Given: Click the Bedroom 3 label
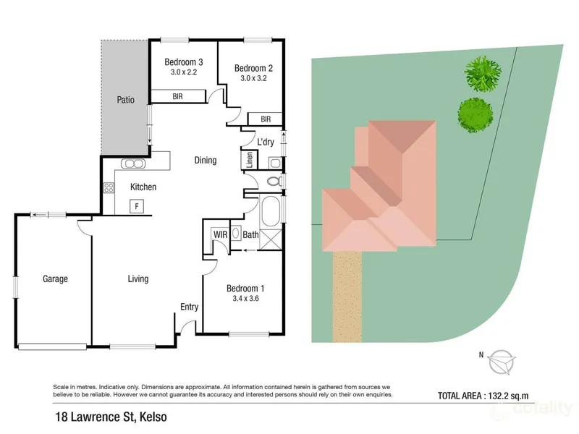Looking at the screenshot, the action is (x=184, y=62).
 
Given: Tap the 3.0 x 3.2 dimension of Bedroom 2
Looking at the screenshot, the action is (x=253, y=78).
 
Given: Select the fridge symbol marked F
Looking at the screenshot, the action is (x=137, y=206).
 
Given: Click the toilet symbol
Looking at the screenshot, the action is (x=274, y=182).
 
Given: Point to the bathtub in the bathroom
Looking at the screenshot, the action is (x=271, y=210).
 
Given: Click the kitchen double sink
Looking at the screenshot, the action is (x=133, y=163).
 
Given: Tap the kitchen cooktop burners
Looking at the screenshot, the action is (x=109, y=187).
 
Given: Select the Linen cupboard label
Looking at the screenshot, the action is (x=250, y=160).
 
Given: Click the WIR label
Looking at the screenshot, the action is (x=220, y=234).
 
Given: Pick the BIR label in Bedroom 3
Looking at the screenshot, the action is (x=177, y=96).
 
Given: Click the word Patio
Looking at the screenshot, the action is (x=125, y=100).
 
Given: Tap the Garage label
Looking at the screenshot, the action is (x=56, y=278).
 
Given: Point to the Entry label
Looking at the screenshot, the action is (x=189, y=307).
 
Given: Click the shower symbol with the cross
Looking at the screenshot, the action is (x=271, y=239).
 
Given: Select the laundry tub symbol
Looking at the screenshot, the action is (x=275, y=163).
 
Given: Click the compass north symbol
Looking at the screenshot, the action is (x=502, y=362).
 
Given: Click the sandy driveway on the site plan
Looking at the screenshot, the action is (x=347, y=297).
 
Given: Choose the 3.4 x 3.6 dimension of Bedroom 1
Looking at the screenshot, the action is (x=245, y=299).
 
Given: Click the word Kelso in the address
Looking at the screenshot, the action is (x=154, y=417).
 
